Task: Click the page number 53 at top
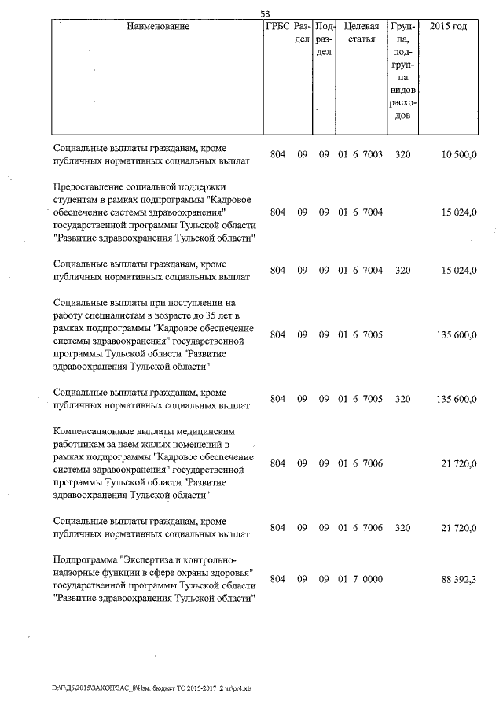coord(265,13)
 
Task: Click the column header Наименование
coord(157,27)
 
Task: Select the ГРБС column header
coord(277,27)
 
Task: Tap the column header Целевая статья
coord(362,33)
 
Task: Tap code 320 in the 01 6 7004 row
coord(402,270)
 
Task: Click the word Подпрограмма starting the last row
coord(84,561)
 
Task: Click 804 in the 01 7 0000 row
coord(277,579)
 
